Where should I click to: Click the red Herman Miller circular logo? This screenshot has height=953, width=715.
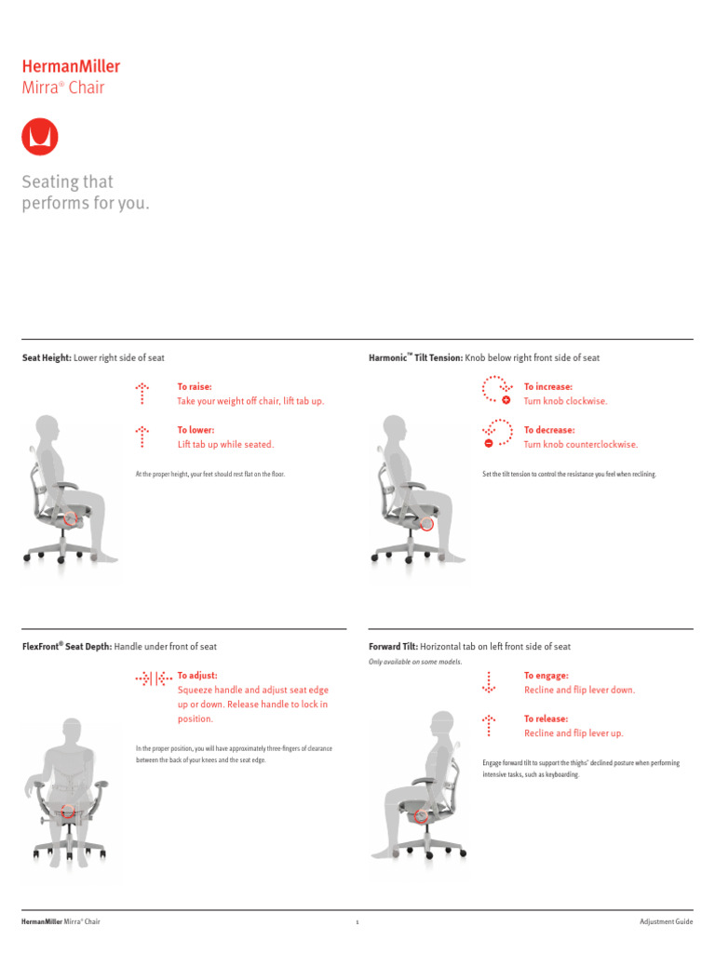40,137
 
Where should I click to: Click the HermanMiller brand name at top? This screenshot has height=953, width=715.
71,66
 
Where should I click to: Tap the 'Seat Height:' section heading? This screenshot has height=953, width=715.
47,358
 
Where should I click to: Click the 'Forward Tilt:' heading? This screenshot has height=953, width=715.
394,646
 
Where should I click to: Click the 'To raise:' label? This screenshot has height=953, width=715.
195,386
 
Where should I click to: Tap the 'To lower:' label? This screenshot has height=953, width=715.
196,430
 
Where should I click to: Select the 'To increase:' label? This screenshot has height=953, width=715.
548,386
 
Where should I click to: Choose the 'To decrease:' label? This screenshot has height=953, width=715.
549,430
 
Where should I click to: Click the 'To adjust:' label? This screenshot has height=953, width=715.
197,676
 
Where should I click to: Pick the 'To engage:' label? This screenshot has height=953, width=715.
546,676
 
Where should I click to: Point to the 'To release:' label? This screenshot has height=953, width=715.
546,718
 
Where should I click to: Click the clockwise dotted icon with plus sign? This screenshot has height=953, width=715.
496,390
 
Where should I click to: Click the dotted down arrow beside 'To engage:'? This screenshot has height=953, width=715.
489,682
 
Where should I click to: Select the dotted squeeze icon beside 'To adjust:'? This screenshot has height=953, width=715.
152,679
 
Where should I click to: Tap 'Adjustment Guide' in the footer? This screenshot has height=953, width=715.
666,921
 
